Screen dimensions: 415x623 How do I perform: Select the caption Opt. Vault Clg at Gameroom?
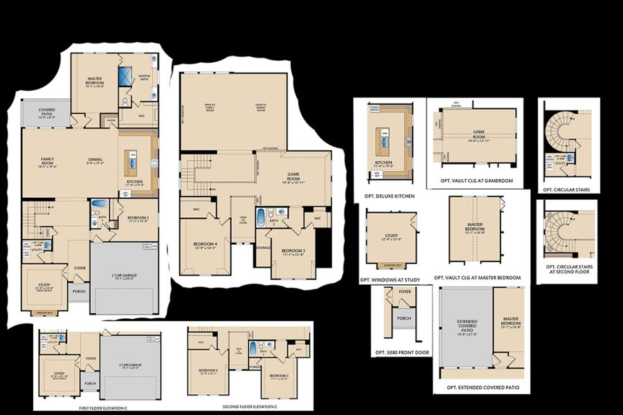click(x=477, y=181)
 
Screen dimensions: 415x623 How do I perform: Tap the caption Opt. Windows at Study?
click(x=390, y=280)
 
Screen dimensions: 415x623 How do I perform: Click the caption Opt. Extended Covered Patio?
click(x=482, y=387)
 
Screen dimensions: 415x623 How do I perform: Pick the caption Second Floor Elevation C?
click(x=251, y=407)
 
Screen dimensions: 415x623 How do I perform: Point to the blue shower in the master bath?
click(x=125, y=77)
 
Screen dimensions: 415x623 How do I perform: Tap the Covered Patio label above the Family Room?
click(x=47, y=112)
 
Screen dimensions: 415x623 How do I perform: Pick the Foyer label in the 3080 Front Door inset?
click(x=405, y=292)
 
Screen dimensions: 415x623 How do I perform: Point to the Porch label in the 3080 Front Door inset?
click(x=404, y=319)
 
